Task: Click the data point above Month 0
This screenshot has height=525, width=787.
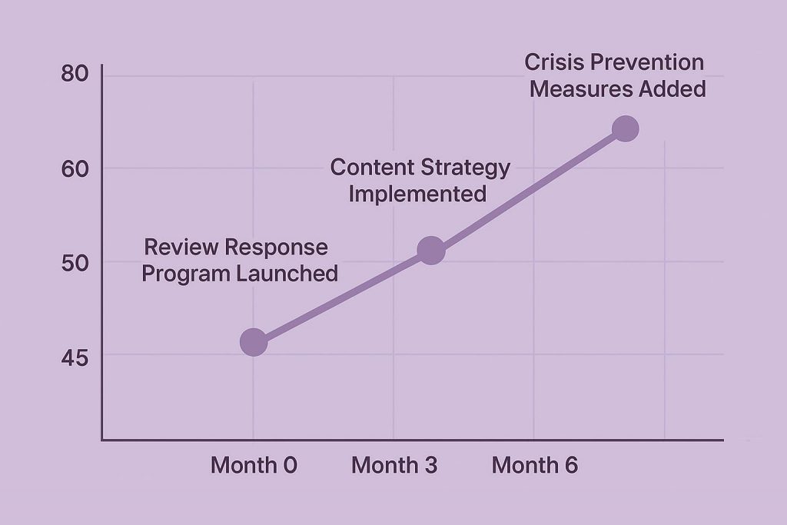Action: tap(254, 342)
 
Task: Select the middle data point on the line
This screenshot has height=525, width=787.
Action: tap(430, 250)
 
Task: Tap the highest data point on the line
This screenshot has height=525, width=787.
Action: tap(626, 128)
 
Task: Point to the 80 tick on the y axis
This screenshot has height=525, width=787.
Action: tap(75, 75)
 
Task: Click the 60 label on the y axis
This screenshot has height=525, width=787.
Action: tap(75, 168)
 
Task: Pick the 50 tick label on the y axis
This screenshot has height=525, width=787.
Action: tap(75, 262)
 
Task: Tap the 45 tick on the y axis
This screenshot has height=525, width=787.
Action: tap(75, 357)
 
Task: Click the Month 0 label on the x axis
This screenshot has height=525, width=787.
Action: tap(254, 465)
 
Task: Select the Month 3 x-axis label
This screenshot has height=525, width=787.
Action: tap(394, 465)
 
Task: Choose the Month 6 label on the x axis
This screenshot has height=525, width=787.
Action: tap(535, 465)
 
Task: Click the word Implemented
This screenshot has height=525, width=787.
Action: tap(417, 194)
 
